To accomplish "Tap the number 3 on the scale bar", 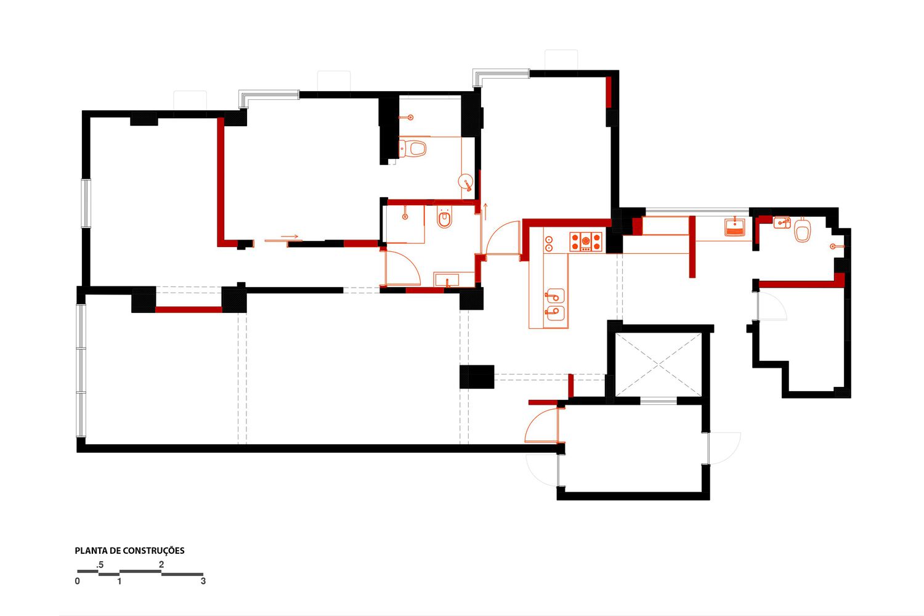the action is (x=203, y=581).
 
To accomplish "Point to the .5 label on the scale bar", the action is (x=100, y=565).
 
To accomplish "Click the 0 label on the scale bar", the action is (x=78, y=582).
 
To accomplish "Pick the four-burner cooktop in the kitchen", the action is (x=586, y=242).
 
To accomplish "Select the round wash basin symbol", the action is (x=466, y=182).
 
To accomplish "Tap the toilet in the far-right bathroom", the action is (x=802, y=230).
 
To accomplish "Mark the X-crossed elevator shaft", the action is (x=659, y=365).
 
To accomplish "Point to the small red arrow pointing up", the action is (x=485, y=211).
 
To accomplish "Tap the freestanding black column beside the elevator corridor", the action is (x=477, y=377).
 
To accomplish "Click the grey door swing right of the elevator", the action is (x=725, y=448).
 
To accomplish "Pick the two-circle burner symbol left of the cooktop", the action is (x=549, y=244).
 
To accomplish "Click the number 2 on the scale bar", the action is (x=161, y=564).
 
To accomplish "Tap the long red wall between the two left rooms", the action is (x=221, y=182).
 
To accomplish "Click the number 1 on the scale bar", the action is (x=120, y=582).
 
